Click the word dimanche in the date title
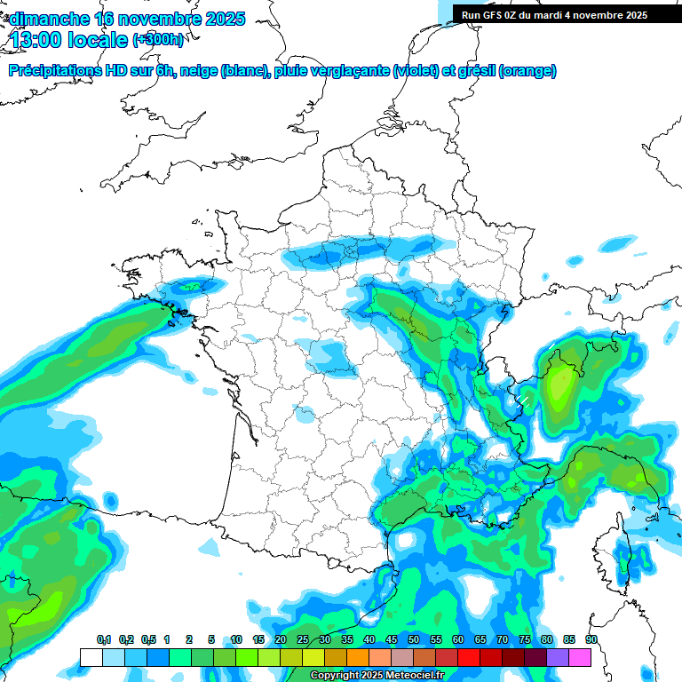coord(48,19)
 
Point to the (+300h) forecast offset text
coord(158,40)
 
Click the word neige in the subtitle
coord(199,71)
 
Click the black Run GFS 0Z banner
coord(554,15)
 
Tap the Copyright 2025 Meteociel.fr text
coord(377,676)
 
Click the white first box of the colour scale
coord(91,657)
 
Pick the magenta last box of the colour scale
coord(580,657)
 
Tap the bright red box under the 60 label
coord(468,657)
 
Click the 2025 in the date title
coord(222,19)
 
